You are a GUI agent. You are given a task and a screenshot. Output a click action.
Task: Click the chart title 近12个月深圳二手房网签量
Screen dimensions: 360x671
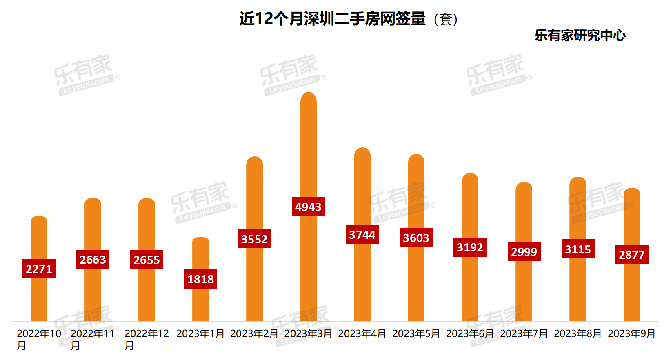click(332, 19)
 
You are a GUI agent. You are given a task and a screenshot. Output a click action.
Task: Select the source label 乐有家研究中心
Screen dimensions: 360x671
click(580, 36)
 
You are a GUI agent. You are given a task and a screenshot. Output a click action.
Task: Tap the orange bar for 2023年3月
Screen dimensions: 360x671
click(308, 155)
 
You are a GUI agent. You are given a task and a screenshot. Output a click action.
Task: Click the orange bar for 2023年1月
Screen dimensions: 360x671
click(200, 302)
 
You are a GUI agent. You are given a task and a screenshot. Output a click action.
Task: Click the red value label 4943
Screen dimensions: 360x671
click(308, 207)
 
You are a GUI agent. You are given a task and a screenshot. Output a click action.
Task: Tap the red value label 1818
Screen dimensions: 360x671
click(200, 279)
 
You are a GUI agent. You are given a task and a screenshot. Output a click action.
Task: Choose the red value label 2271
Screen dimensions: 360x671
click(39, 269)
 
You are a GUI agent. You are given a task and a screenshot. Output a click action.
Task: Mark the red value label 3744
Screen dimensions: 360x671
click(362, 235)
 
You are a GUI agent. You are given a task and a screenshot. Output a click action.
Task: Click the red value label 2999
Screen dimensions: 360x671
click(524, 251)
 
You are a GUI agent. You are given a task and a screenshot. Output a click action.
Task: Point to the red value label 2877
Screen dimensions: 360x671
click(632, 254)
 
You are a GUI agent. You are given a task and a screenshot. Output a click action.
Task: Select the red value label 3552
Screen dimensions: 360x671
click(254, 239)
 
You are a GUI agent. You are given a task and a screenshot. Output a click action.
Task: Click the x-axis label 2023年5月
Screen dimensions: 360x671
click(416, 334)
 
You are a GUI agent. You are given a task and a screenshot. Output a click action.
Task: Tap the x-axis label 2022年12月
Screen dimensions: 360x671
click(146, 339)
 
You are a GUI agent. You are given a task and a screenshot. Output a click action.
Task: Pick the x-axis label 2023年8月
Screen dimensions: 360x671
click(578, 334)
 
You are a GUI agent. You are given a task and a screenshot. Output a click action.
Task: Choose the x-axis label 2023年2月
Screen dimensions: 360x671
click(254, 334)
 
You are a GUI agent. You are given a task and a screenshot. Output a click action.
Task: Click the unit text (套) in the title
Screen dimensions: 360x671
click(446, 19)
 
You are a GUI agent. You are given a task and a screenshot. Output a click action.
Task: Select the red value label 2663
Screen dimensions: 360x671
click(93, 259)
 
